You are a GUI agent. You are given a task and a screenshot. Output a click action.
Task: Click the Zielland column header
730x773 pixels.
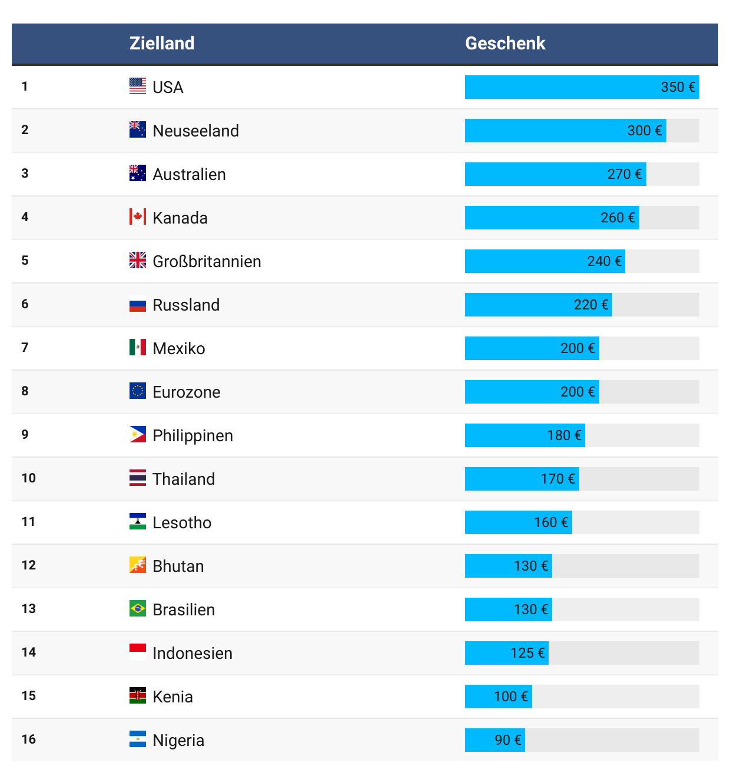click(x=162, y=44)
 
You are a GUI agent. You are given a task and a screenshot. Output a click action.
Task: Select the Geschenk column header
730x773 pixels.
click(x=505, y=44)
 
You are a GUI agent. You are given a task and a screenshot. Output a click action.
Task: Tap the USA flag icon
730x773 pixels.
click(x=138, y=86)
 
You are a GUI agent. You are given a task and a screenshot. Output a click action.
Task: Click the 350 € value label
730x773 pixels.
click(x=678, y=87)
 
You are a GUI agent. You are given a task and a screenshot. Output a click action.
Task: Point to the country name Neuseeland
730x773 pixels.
click(x=195, y=131)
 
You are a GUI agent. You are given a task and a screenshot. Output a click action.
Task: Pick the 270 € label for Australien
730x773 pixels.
click(x=625, y=174)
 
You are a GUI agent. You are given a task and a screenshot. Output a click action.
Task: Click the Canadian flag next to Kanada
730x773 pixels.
click(x=138, y=216)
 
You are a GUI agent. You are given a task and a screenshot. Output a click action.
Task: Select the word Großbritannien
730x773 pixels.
click(x=207, y=261)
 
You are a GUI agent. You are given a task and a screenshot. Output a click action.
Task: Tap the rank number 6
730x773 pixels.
click(x=25, y=304)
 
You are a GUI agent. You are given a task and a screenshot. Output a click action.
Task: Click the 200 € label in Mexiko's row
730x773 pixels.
click(x=578, y=348)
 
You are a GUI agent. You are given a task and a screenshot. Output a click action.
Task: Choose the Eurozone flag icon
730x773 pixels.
click(x=138, y=391)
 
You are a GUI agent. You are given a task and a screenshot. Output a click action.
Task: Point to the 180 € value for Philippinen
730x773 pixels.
click(x=564, y=435)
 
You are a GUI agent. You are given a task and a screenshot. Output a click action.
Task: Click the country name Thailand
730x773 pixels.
click(x=184, y=479)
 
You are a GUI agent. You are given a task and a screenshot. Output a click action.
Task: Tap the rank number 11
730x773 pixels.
click(x=28, y=522)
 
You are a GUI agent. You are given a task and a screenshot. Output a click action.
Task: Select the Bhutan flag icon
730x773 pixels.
click(x=138, y=565)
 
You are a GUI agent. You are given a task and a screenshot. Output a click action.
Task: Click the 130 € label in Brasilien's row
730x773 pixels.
click(x=531, y=609)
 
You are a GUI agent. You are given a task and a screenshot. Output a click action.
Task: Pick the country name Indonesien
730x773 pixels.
click(x=193, y=653)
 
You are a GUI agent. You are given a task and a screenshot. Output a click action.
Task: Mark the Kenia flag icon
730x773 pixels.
click(x=138, y=695)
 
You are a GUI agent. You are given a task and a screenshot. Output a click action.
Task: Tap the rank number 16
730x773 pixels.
click(x=28, y=739)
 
